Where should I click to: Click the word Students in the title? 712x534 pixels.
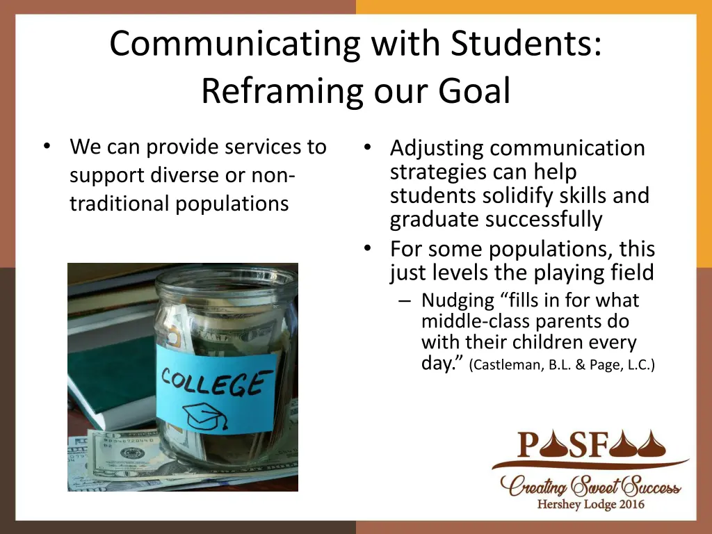(526, 44)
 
